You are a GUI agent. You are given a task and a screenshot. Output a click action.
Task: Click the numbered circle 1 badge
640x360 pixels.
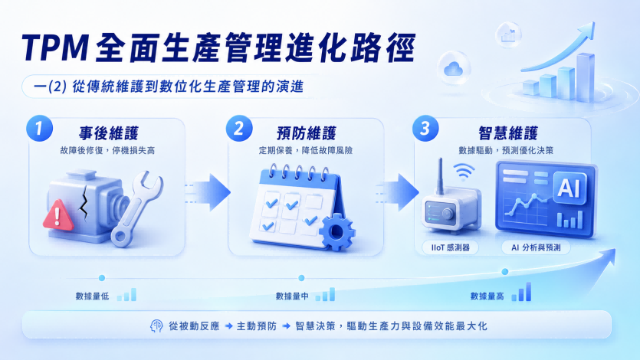(39, 129)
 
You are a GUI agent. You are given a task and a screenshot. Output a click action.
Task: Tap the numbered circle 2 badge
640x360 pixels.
(239, 129)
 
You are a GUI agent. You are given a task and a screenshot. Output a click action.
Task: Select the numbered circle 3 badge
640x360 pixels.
(425, 129)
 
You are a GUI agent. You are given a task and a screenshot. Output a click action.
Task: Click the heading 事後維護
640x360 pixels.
(109, 133)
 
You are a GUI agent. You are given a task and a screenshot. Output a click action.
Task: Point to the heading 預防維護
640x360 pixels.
(306, 133)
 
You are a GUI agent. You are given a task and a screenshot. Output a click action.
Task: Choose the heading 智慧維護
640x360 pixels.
(507, 133)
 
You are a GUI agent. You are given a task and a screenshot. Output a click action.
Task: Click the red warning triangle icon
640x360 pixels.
(58, 214)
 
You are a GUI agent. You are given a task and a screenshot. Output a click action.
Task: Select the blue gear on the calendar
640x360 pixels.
(336, 231)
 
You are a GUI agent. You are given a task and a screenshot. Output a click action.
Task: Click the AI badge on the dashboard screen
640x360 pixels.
(569, 188)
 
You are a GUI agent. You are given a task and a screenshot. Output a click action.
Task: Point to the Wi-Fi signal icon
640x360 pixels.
(464, 172)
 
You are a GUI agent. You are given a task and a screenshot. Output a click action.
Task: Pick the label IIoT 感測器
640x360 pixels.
(450, 247)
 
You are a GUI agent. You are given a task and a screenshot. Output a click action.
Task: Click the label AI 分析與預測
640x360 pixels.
(536, 247)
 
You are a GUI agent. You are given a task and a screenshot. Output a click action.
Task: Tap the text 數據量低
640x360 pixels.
(92, 296)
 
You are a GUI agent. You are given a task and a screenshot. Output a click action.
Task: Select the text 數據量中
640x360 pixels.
(292, 296)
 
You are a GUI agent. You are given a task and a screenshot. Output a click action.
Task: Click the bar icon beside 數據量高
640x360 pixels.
(521, 292)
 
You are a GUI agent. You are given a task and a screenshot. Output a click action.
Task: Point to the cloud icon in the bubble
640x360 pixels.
(453, 68)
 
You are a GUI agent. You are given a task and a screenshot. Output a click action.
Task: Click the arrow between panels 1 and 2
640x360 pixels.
(208, 192)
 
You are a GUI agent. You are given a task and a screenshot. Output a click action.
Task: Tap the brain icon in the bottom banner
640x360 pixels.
(156, 326)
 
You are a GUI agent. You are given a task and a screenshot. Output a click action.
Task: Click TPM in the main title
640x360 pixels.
(55, 47)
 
